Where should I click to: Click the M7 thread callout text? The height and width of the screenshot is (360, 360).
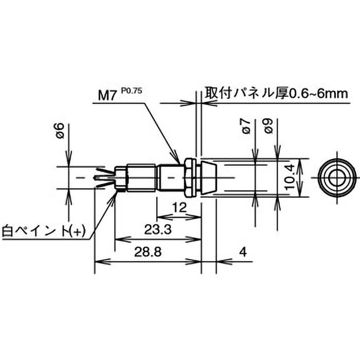tap(106, 95)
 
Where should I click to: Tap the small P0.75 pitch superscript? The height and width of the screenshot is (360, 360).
tap(131, 91)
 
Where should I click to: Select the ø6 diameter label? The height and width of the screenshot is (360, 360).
tap(60, 130)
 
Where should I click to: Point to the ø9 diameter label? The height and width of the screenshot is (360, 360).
tap(269, 126)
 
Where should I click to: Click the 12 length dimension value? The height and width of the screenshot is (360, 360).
tap(179, 207)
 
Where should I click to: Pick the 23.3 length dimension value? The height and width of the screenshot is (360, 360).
tap(158, 229)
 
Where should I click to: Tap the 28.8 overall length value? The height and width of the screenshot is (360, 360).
tap(148, 252)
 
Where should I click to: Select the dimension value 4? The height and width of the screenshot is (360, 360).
tap(243, 252)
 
